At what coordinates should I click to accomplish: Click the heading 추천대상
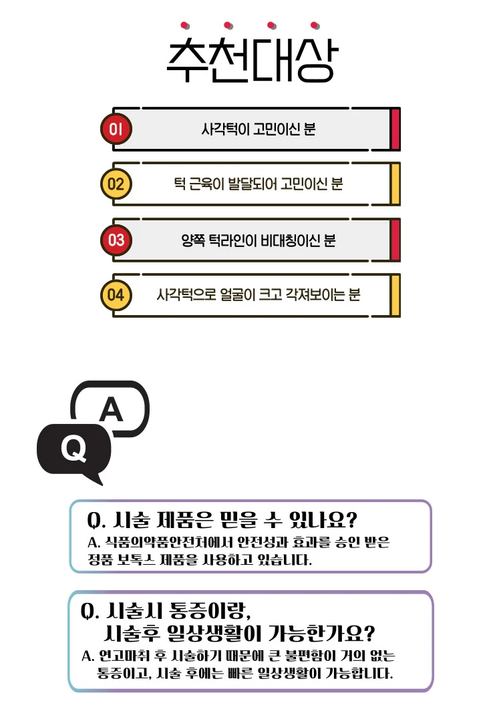click(x=252, y=59)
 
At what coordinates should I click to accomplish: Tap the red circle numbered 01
click(x=116, y=129)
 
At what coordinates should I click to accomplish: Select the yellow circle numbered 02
click(x=116, y=184)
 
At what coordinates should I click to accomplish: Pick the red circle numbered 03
click(x=116, y=240)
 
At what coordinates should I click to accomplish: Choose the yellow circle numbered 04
click(x=116, y=295)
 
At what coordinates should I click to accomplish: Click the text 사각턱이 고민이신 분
click(x=258, y=129)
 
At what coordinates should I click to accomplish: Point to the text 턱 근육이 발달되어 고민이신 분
click(x=258, y=184)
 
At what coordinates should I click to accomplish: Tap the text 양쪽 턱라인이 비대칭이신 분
click(x=258, y=240)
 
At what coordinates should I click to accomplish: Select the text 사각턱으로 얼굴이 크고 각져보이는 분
click(x=258, y=294)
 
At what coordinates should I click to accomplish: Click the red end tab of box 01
click(x=395, y=130)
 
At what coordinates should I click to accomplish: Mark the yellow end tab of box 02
click(x=395, y=184)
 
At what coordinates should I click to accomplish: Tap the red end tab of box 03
click(x=395, y=240)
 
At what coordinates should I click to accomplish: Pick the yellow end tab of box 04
click(x=395, y=295)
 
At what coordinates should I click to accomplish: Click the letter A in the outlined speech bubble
click(x=112, y=409)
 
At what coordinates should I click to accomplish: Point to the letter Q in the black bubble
click(x=73, y=449)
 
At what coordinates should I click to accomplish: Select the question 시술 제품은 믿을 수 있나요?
click(x=222, y=520)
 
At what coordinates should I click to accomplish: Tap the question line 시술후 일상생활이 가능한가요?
click(x=239, y=634)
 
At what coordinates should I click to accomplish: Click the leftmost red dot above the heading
click(x=184, y=25)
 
